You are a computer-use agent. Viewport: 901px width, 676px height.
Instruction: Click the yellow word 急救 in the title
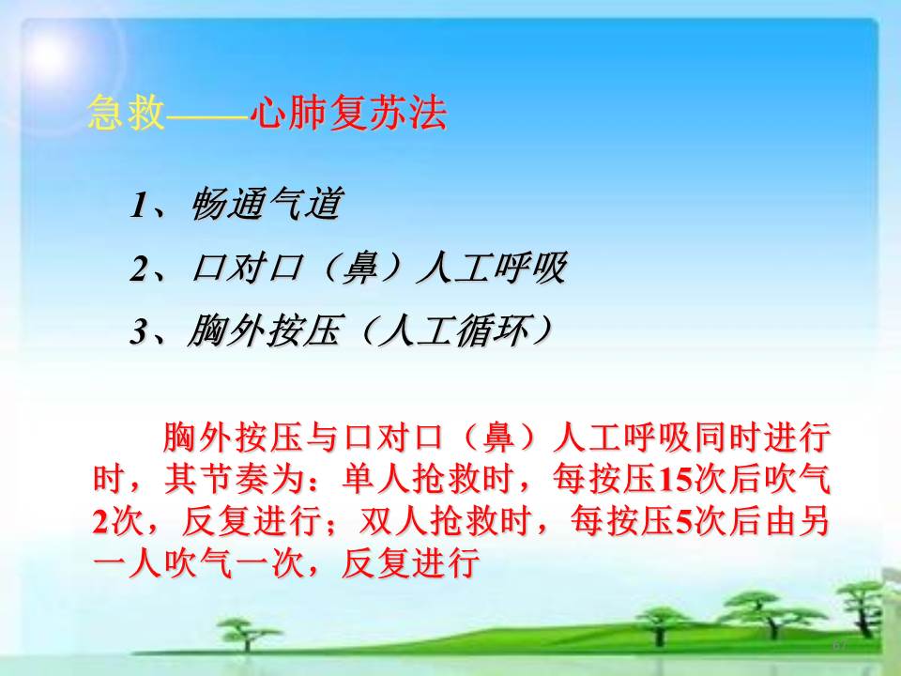126,112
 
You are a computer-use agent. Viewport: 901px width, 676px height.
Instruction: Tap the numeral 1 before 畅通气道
140,205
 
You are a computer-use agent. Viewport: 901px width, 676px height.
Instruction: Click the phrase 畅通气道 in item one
267,204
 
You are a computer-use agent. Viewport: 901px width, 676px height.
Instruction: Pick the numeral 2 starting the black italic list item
140,269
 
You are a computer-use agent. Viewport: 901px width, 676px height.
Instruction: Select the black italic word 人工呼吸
492,268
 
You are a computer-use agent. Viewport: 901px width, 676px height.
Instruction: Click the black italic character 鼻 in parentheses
360,268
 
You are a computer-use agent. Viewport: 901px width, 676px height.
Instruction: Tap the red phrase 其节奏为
234,478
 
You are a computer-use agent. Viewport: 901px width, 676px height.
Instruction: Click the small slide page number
839,646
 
